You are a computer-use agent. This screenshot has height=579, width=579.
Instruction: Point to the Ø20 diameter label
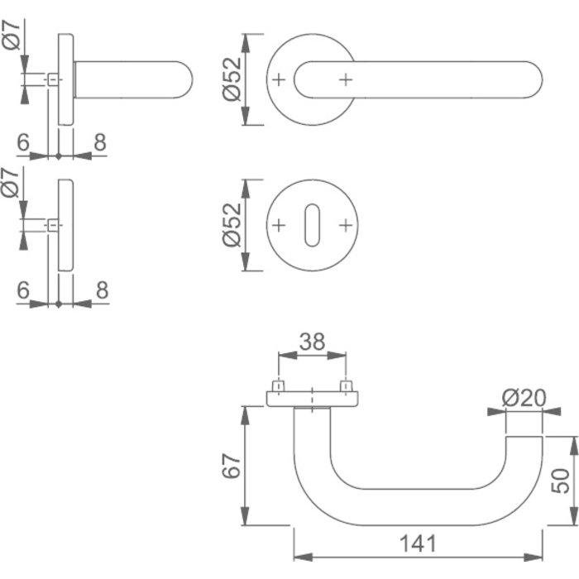tap(524, 399)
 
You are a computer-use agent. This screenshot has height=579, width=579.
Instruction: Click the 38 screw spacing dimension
tap(312, 342)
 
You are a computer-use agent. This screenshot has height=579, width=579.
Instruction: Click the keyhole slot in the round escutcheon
tap(312, 224)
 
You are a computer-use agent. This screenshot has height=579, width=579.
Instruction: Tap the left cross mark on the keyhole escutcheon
tap(279, 224)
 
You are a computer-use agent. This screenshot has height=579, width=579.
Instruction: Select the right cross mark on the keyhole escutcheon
tap(345, 224)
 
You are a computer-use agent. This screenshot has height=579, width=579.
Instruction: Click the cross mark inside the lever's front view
tap(345, 79)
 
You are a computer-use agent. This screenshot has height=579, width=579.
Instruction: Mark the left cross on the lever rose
tap(279, 79)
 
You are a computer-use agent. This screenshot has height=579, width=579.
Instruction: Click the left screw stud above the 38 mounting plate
tap(279, 386)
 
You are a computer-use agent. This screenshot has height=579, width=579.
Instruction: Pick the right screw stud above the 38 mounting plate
tap(345, 386)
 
